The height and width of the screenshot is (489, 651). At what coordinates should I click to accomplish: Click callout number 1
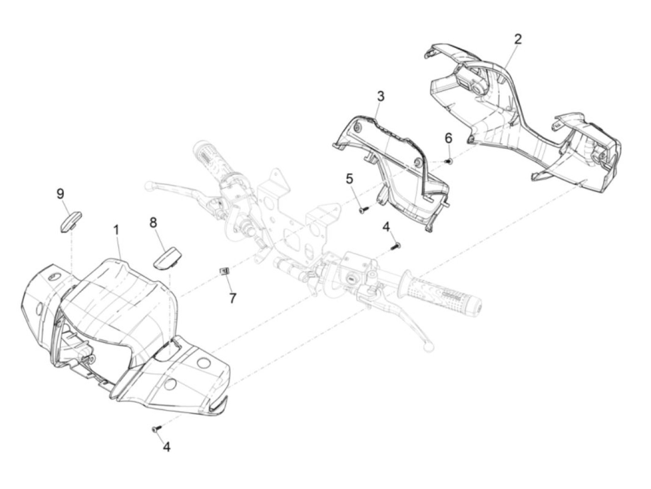(116, 230)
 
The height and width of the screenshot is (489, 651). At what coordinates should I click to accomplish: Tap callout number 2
(518, 39)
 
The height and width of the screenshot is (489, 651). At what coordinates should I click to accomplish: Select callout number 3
(380, 97)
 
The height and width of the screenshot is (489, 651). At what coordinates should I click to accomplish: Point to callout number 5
(349, 178)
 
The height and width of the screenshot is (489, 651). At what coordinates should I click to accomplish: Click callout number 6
(448, 138)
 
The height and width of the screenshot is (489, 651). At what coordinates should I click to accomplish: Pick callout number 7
(232, 298)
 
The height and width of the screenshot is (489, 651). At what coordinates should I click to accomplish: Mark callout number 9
(60, 194)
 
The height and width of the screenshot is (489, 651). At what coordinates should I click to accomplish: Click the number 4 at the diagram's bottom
(166, 447)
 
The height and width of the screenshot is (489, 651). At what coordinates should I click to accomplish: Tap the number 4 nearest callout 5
(386, 226)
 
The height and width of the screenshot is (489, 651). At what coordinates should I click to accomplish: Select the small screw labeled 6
(449, 160)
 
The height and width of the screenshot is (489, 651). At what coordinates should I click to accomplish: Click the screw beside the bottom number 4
(156, 429)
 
